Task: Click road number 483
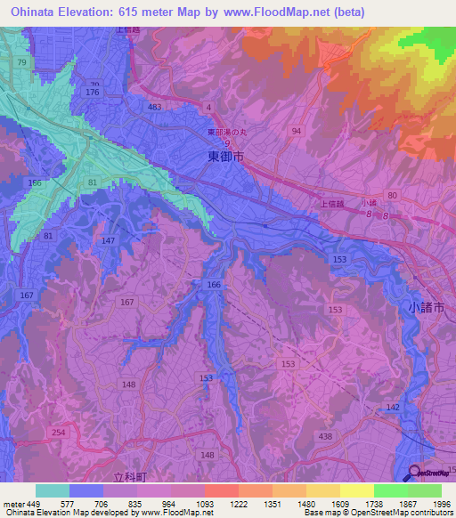pos(155,107)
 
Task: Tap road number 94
pos(297,131)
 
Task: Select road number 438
pos(325,436)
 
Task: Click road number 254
pos(59,433)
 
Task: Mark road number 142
pos(393,407)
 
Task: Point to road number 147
pos(109,241)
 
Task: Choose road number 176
pos(91,93)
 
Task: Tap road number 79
pos(21,62)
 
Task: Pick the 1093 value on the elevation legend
pos(206,503)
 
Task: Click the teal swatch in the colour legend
pos(53,490)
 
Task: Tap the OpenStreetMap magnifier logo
pos(415,473)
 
